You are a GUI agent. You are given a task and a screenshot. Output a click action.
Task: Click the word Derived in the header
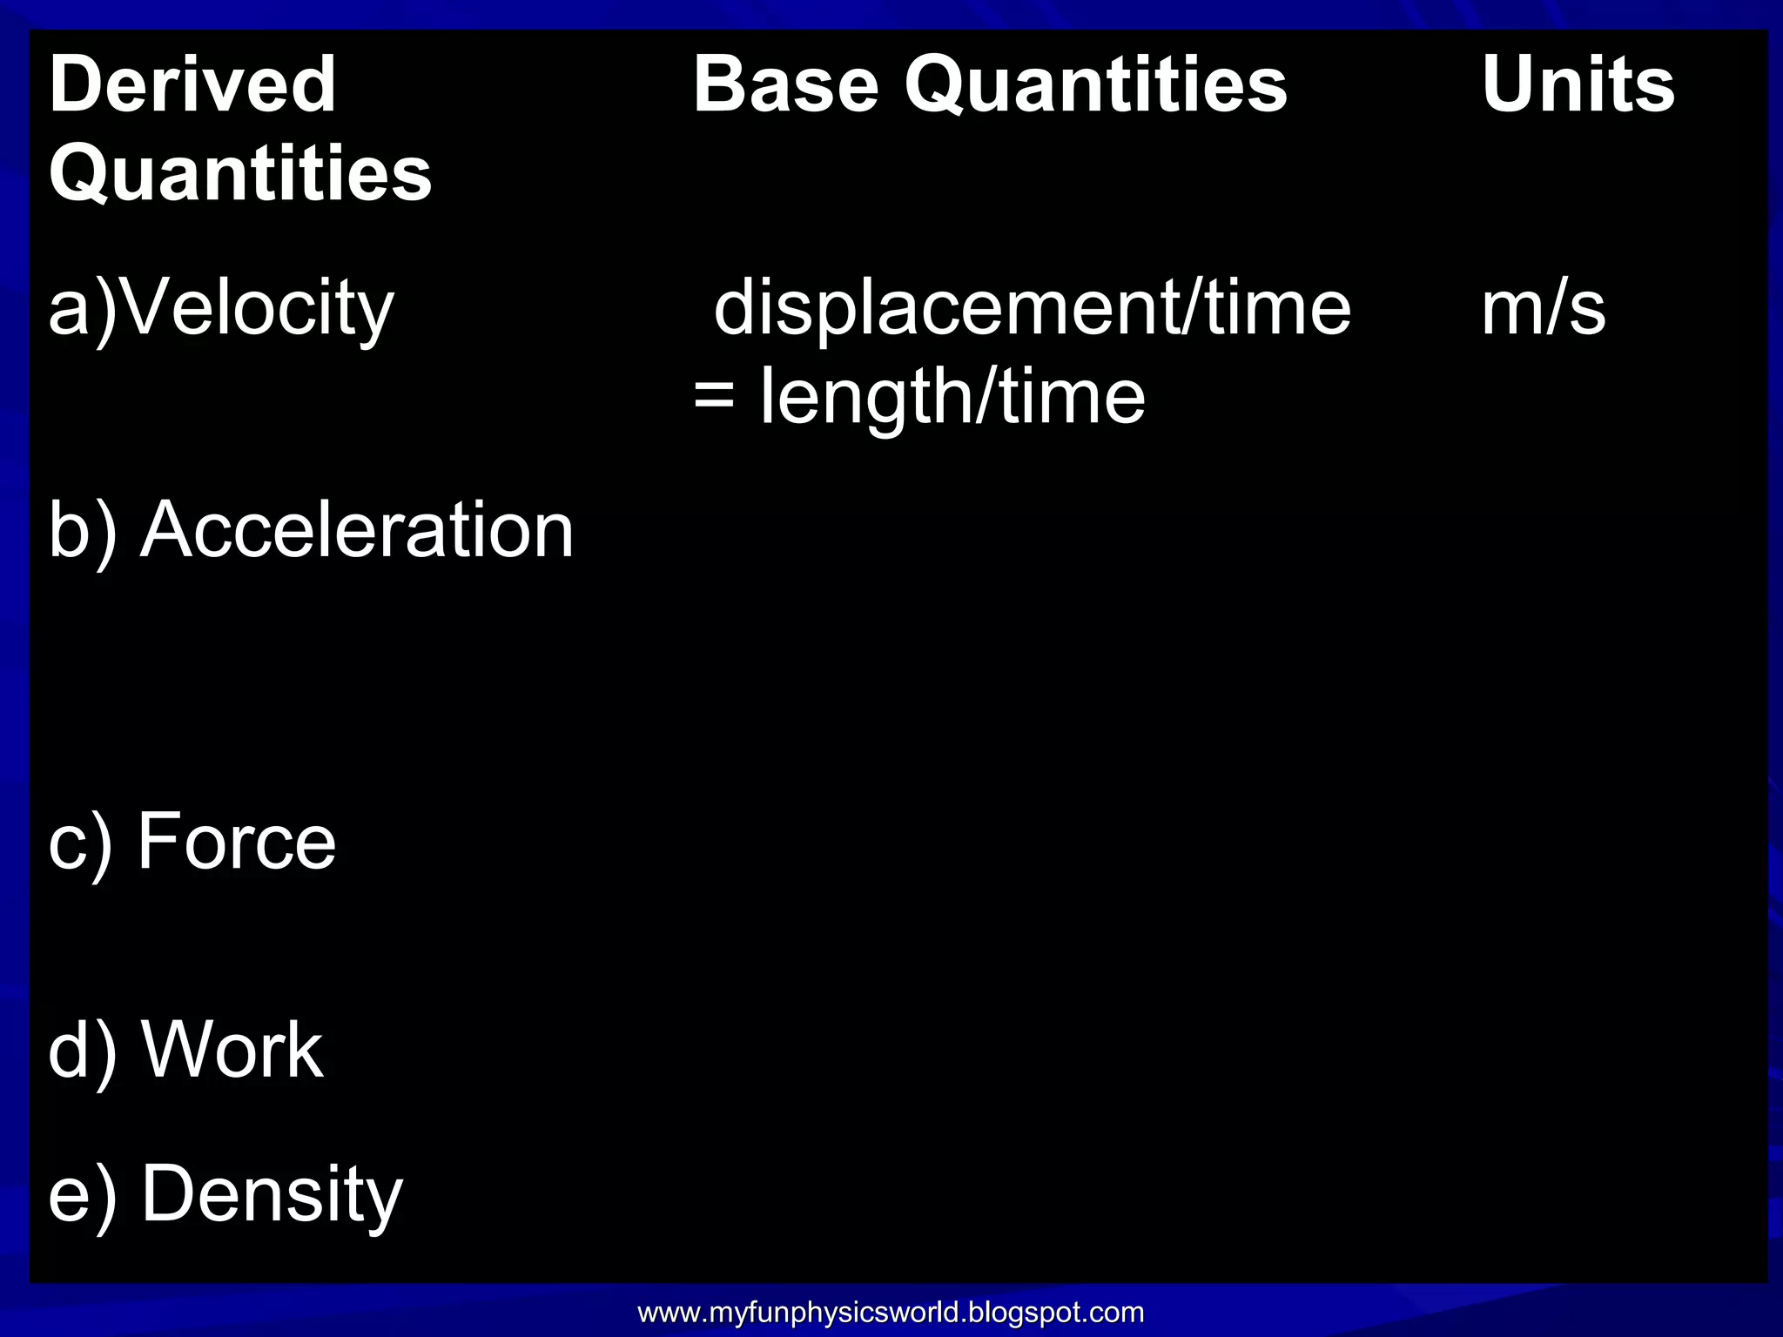pyautogui.click(x=192, y=84)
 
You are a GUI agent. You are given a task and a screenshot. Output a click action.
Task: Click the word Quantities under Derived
pyautogui.click(x=240, y=173)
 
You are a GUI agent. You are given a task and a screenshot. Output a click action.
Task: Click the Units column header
pyautogui.click(x=1578, y=84)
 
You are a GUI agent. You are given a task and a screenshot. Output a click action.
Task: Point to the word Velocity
pyautogui.click(x=258, y=308)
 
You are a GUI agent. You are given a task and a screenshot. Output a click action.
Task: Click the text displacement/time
pyautogui.click(x=1032, y=308)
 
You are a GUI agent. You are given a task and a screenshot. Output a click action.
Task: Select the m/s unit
pyautogui.click(x=1543, y=308)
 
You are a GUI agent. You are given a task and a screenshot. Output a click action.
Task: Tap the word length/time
pyautogui.click(x=952, y=397)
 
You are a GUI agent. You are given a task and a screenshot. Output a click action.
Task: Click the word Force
pyautogui.click(x=237, y=841)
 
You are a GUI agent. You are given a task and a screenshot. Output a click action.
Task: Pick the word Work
pyautogui.click(x=232, y=1051)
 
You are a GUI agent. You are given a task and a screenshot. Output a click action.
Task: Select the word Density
pyautogui.click(x=272, y=1194)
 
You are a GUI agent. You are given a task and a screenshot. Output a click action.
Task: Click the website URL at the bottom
pyautogui.click(x=891, y=1312)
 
